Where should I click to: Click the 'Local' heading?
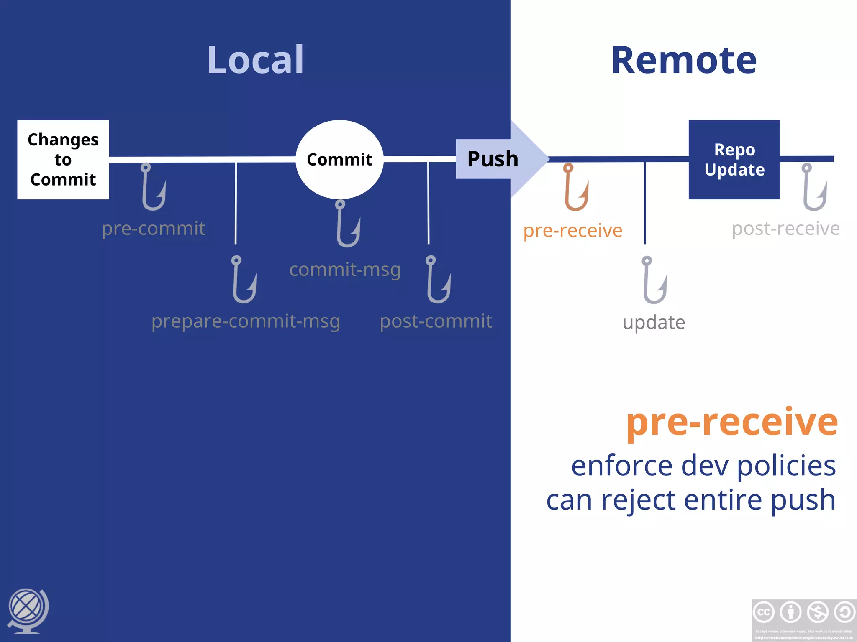pyautogui.click(x=256, y=60)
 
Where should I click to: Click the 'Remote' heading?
pyautogui.click(x=684, y=61)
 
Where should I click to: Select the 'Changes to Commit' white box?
pyautogui.click(x=63, y=160)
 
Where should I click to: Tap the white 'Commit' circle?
pyautogui.click(x=339, y=159)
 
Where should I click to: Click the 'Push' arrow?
pyautogui.click(x=498, y=159)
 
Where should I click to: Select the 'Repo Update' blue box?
pyautogui.click(x=734, y=160)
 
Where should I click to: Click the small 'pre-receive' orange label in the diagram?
pyautogui.click(x=572, y=230)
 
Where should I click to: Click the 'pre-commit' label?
pyautogui.click(x=153, y=229)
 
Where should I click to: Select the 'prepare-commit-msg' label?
pyautogui.click(x=246, y=321)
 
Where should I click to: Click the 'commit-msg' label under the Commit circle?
pyautogui.click(x=345, y=270)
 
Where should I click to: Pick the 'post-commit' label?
pyautogui.click(x=436, y=321)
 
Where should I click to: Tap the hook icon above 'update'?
pyautogui.click(x=654, y=280)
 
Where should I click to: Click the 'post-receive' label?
pyautogui.click(x=785, y=229)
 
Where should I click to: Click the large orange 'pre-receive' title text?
pyautogui.click(x=732, y=422)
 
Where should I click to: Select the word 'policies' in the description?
pyautogui.click(x=786, y=466)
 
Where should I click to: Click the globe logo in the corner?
pyautogui.click(x=28, y=610)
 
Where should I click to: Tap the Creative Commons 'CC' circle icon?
pyautogui.click(x=764, y=612)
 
